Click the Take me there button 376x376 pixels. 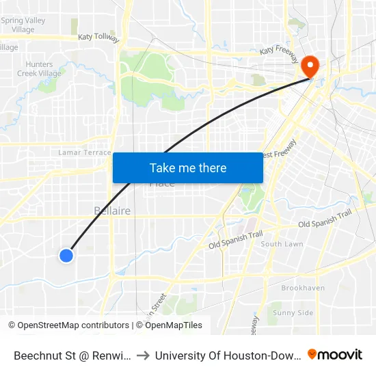pos(188,168)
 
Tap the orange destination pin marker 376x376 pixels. pos(310,65)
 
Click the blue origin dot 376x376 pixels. pos(66,256)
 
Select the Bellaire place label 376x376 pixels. pos(112,211)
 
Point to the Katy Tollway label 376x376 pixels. pos(98,37)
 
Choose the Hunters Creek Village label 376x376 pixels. pos(40,68)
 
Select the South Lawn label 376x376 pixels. pos(282,244)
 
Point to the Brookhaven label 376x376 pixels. pos(303,288)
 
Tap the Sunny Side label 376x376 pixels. pos(293,313)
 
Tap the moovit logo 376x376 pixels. pos(335,354)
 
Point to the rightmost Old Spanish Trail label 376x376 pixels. pos(325,219)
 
